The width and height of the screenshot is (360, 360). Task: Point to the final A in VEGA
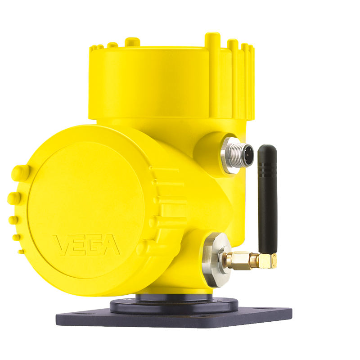click(111, 245)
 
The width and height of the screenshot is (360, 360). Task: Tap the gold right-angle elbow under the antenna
click(268, 261)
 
